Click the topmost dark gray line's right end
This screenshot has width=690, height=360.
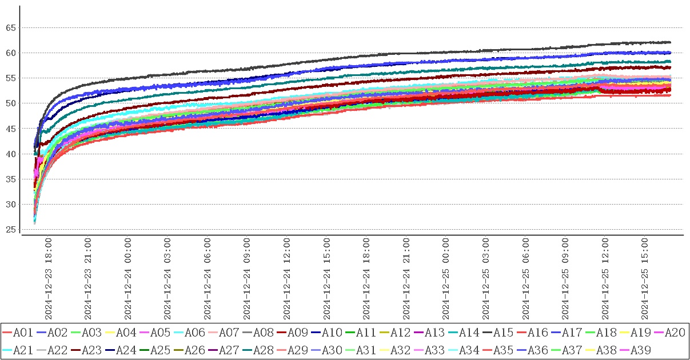point(670,42)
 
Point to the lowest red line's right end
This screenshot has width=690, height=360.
point(670,95)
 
